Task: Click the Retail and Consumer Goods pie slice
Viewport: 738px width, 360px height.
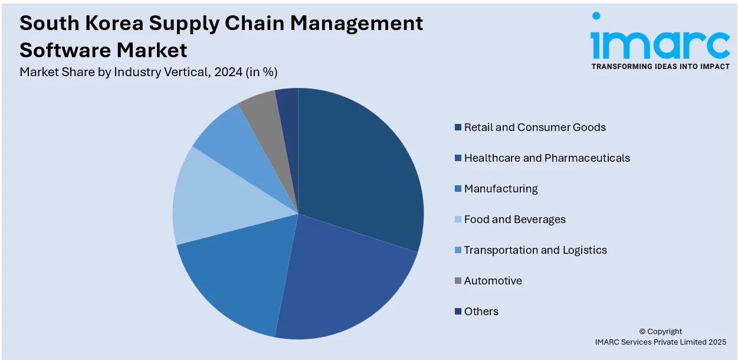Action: click(360, 171)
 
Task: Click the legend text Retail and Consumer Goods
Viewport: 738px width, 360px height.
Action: click(534, 127)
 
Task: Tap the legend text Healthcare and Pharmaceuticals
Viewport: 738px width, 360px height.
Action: click(547, 158)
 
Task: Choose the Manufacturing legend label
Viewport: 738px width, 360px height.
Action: click(501, 189)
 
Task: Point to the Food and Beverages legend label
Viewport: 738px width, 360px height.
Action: click(514, 220)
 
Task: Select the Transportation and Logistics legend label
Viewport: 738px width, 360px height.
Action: click(535, 250)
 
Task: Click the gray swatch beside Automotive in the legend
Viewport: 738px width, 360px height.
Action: click(458, 281)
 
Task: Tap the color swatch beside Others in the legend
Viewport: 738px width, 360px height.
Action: click(458, 312)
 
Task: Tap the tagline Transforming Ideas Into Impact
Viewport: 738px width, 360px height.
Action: click(660, 67)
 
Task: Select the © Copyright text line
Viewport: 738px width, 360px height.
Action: click(660, 331)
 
